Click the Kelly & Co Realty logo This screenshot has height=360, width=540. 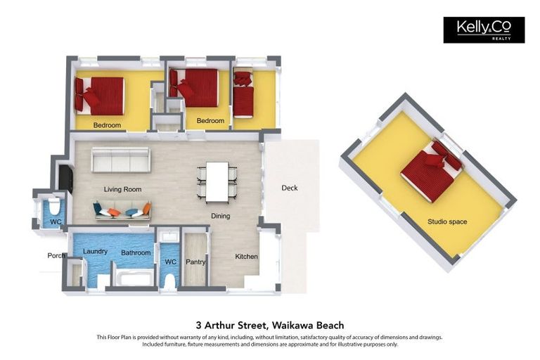[x=484, y=30]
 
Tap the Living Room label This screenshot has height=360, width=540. [x=122, y=189]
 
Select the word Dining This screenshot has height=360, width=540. [x=220, y=216]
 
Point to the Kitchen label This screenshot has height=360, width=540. [x=246, y=257]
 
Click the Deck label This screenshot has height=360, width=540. [x=289, y=188]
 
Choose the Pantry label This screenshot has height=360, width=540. [x=195, y=262]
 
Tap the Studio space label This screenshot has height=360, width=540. [x=447, y=221]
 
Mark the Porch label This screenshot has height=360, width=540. [x=56, y=255]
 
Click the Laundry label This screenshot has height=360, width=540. [x=95, y=251]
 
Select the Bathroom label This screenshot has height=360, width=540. [x=136, y=252]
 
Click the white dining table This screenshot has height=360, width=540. [x=217, y=181]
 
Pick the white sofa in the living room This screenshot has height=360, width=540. [x=120, y=160]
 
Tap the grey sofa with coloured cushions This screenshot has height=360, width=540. [x=122, y=210]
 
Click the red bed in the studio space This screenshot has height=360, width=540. [x=430, y=171]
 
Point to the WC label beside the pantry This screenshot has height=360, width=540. [x=169, y=262]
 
